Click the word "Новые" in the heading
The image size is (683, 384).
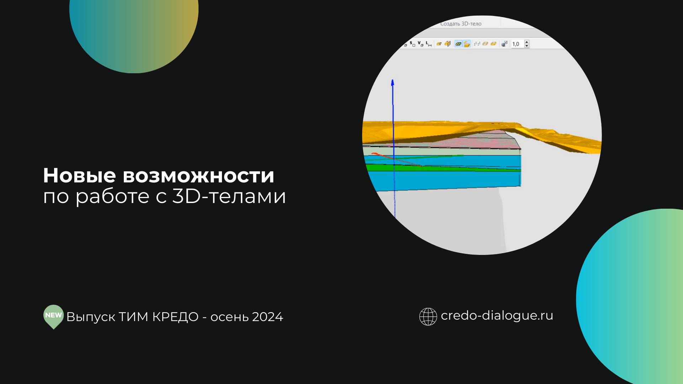point(79,176)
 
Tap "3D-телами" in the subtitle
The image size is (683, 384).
point(229,196)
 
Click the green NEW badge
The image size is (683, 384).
point(53,316)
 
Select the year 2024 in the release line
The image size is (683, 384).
point(267,317)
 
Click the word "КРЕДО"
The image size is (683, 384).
point(175,317)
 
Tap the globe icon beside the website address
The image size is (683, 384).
point(428,316)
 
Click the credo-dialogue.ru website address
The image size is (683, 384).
point(497,316)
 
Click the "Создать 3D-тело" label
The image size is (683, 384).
point(461,24)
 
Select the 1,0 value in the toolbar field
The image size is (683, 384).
point(516,44)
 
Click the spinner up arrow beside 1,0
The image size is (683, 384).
point(527,42)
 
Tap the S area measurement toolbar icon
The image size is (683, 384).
point(413,44)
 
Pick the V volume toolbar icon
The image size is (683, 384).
point(421,44)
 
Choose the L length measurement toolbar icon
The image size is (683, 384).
point(429,44)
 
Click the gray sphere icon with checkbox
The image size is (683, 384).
point(504,44)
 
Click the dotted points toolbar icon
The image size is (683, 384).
point(477,44)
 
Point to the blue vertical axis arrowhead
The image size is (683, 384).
point(393,83)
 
